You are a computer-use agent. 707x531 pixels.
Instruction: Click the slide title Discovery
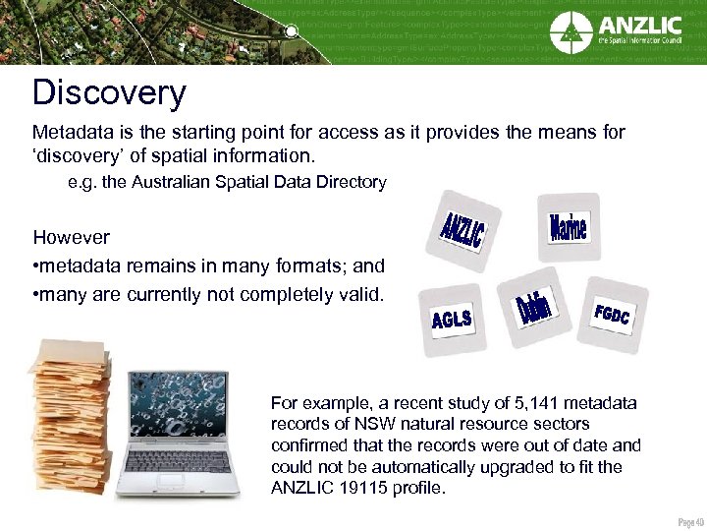point(109,92)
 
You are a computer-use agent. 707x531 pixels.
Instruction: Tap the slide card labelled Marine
point(567,228)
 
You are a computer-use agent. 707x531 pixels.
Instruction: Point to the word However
point(71,237)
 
